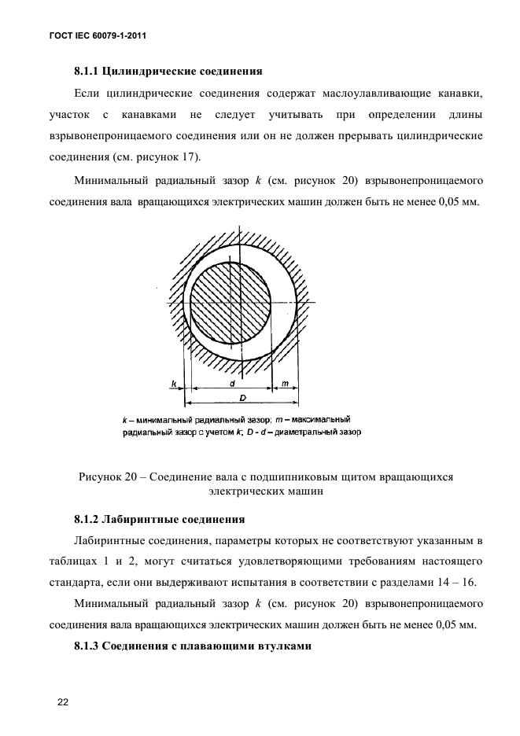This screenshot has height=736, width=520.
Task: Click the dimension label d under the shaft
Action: click(232, 383)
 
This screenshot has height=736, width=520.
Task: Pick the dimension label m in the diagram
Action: click(285, 383)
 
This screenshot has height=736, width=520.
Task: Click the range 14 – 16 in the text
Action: click(453, 583)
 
